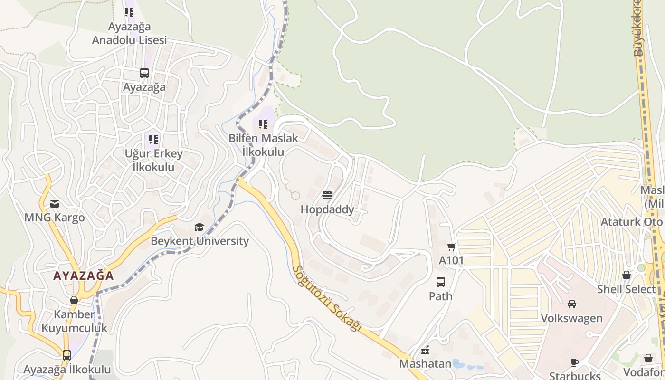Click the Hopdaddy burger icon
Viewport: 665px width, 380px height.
327,195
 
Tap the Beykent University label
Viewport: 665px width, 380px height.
199,241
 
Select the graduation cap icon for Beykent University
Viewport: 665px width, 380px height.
199,227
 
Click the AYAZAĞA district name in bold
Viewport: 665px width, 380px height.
84,275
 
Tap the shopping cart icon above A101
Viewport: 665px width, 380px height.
451,247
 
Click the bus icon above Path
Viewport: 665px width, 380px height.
441,282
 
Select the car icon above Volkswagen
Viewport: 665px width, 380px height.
572,304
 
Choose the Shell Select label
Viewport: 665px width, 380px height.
626,289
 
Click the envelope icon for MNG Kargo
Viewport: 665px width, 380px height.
55,204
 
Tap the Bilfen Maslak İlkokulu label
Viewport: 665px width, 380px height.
263,145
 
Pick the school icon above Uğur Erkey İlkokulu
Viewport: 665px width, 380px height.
153,139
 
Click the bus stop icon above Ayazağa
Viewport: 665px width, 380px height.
144,73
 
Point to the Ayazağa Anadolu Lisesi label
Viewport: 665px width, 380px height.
129,33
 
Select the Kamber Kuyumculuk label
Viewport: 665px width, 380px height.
74,321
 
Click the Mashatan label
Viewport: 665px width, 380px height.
425,363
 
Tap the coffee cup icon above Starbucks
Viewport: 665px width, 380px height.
575,362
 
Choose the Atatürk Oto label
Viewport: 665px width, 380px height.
631,222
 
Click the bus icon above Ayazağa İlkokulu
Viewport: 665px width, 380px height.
67,355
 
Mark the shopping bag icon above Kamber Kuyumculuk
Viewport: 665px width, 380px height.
74,300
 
